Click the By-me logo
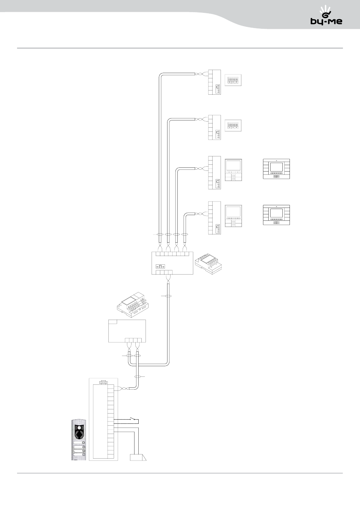click(x=326, y=17)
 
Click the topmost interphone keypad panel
click(x=233, y=80)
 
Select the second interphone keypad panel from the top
click(x=233, y=125)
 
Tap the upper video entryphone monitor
click(x=233, y=170)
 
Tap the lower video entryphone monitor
click(x=233, y=216)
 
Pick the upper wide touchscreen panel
click(x=276, y=169)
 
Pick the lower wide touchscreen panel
click(x=276, y=215)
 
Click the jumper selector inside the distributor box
click(x=161, y=266)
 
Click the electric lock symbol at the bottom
click(x=137, y=457)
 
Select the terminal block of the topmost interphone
click(x=214, y=82)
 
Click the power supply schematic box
click(x=127, y=331)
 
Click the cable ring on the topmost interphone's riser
click(x=160, y=235)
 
